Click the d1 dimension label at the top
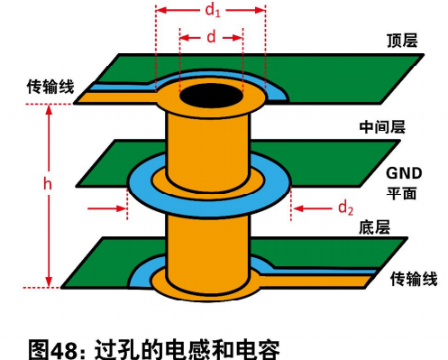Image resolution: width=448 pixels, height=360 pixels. pyautogui.click(x=213, y=11)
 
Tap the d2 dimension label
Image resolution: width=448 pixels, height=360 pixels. pyautogui.click(x=345, y=208)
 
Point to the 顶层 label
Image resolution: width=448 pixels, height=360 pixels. pyautogui.click(x=402, y=41)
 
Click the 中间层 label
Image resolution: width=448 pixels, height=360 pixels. pyautogui.click(x=382, y=127)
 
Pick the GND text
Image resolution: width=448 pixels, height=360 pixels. pyautogui.click(x=404, y=173)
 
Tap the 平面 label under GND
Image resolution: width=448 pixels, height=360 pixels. pyautogui.click(x=401, y=193)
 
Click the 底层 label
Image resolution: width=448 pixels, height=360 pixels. pyautogui.click(x=374, y=227)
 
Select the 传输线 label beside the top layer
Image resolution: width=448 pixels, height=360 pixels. pyautogui.click(x=50, y=87)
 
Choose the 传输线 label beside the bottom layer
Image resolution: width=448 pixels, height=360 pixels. pyautogui.click(x=414, y=279)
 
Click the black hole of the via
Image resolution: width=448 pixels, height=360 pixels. pyautogui.click(x=211, y=96)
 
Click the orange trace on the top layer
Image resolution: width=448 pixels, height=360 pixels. pyautogui.click(x=117, y=97)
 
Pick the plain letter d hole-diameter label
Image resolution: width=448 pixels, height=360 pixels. pyautogui.click(x=211, y=37)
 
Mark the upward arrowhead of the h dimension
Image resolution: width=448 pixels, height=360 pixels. pyautogui.click(x=49, y=110)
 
